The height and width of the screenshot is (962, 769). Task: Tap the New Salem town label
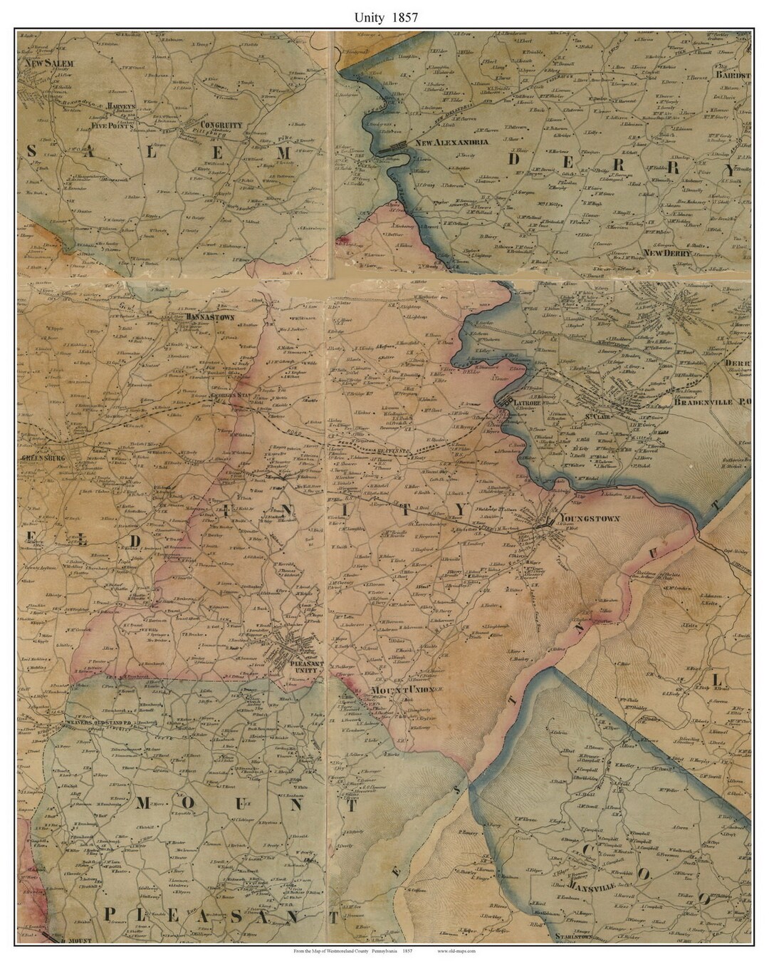(46, 63)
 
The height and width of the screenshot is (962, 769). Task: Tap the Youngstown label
(590, 519)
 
